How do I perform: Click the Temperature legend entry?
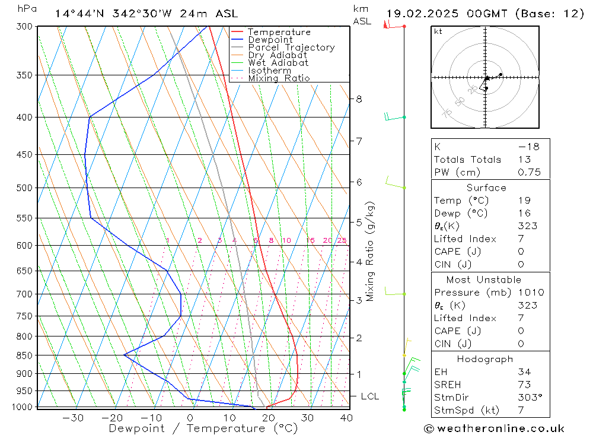tap(279, 32)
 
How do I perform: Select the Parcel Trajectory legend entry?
tap(291, 47)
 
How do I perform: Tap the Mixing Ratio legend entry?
tap(279, 78)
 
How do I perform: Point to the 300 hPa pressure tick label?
tap(24, 27)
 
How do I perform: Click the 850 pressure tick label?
tap(24, 355)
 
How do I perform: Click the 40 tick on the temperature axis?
tap(346, 418)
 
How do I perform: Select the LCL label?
tap(369, 396)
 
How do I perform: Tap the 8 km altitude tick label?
tap(359, 99)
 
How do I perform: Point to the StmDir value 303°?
tap(527, 398)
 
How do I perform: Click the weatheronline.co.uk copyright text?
tap(494, 428)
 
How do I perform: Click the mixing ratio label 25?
tap(342, 240)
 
